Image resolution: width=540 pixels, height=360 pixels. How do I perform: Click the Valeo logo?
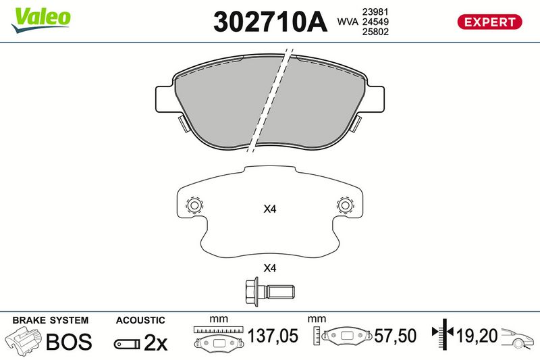(x=40, y=20)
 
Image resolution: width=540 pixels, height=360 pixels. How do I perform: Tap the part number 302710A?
(x=270, y=22)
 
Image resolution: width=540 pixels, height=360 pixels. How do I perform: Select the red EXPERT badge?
(x=489, y=22)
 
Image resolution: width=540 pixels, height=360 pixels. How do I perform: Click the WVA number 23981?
(x=375, y=11)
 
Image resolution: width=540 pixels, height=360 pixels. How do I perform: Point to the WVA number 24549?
(x=375, y=22)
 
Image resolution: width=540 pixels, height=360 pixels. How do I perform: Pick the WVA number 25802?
(x=375, y=32)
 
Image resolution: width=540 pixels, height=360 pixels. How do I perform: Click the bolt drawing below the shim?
(x=269, y=291)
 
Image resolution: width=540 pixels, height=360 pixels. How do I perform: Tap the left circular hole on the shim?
(x=194, y=205)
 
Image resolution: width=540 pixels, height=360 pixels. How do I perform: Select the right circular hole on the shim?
(x=345, y=205)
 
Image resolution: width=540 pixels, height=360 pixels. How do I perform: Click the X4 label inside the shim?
(x=269, y=209)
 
